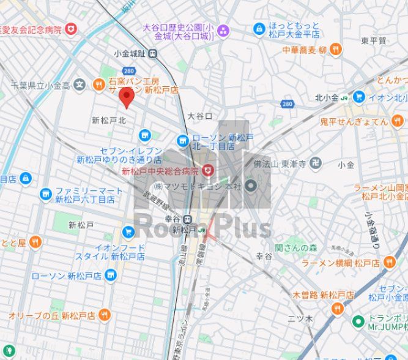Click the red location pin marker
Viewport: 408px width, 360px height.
pyautogui.click(x=126, y=97)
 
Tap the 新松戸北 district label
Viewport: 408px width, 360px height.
pyautogui.click(x=108, y=120)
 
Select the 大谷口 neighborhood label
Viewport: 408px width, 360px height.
pyautogui.click(x=199, y=116)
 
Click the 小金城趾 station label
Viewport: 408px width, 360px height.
pyautogui.click(x=133, y=54)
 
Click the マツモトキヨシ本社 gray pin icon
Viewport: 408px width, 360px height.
pyautogui.click(x=251, y=185)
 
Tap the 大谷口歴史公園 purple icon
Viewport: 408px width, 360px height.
pyautogui.click(x=223, y=29)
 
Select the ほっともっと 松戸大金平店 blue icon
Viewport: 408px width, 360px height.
pyautogui.click(x=259, y=28)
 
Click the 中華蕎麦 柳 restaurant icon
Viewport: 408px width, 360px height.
pyautogui.click(x=335, y=50)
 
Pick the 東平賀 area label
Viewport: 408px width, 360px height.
pyautogui.click(x=373, y=40)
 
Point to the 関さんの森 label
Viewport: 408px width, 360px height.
pyautogui.click(x=296, y=247)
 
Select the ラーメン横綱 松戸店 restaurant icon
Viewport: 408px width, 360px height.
pyautogui.click(x=390, y=263)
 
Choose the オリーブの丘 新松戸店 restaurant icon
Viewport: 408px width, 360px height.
pyautogui.click(x=104, y=315)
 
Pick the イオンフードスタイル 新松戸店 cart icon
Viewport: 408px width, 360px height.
pyautogui.click(x=128, y=232)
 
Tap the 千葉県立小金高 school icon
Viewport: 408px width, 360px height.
pyautogui.click(x=79, y=84)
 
